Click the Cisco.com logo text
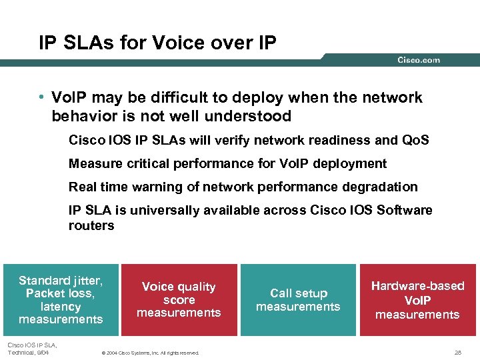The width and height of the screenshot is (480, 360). point(419,60)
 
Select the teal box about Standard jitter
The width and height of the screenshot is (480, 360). point(61,299)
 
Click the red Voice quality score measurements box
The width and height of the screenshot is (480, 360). point(179,299)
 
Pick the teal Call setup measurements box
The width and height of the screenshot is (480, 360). point(298,299)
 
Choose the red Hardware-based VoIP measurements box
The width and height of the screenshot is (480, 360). point(417,299)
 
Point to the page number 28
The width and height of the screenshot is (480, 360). point(457,352)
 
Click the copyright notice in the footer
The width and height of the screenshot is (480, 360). point(149,352)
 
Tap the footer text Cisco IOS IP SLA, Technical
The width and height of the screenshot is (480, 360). point(31,348)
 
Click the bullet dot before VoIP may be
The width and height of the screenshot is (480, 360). point(42,98)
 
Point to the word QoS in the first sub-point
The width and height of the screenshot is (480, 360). point(416,141)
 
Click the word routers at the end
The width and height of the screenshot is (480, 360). point(91,225)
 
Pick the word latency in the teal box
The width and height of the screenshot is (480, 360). point(61,307)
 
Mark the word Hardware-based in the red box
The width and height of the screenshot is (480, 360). point(417,286)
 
